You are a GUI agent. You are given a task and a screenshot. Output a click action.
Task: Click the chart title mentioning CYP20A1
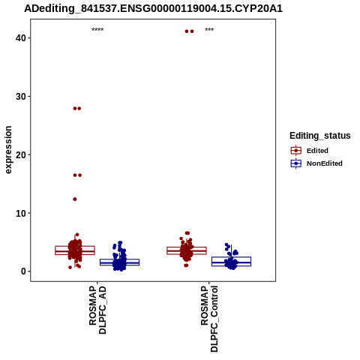(153, 9)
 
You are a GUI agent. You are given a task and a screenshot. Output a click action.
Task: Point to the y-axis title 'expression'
(8, 150)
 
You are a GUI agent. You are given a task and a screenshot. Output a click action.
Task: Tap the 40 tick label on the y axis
(21, 38)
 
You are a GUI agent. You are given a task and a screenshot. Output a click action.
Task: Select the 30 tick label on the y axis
(21, 97)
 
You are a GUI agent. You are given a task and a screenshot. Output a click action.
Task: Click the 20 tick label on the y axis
(21, 154)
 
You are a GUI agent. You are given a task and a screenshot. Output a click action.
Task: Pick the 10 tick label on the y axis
(21, 213)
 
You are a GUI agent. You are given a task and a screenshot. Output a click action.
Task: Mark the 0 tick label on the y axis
(23, 271)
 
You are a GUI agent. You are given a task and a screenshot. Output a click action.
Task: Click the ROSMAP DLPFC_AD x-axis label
(97, 310)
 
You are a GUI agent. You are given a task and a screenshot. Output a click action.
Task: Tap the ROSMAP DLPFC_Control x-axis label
(209, 319)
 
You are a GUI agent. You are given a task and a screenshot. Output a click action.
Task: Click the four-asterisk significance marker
(97, 30)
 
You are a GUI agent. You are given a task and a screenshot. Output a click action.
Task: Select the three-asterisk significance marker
(209, 30)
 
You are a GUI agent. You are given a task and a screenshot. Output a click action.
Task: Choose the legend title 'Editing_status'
(320, 136)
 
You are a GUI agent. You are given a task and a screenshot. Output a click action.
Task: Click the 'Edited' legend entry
(317, 151)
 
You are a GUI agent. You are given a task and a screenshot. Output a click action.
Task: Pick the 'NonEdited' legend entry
(325, 163)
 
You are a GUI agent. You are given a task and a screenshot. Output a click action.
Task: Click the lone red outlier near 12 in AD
(75, 199)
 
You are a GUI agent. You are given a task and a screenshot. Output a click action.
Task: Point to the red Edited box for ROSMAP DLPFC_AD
(75, 250)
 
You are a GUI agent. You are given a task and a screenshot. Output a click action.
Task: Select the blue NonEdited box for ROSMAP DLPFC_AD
(119, 262)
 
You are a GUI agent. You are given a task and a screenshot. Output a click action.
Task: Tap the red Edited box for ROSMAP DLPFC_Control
(187, 250)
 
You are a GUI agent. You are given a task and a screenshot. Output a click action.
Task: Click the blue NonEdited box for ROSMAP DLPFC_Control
(231, 261)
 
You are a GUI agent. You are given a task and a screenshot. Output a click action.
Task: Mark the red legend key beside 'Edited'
(296, 151)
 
